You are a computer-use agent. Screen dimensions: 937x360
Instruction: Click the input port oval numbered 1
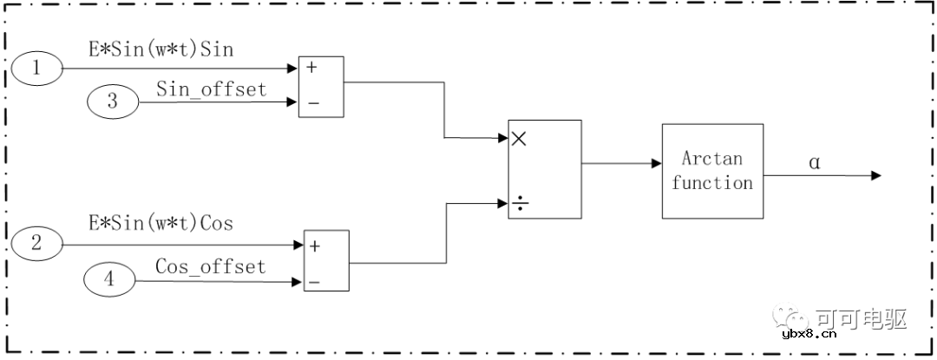(36, 68)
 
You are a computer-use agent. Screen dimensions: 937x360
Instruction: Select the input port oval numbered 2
(36, 244)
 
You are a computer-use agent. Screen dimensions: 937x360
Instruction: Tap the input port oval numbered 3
(112, 101)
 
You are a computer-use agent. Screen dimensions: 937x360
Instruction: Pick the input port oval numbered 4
(109, 278)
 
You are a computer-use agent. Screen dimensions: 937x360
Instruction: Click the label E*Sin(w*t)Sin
(161, 49)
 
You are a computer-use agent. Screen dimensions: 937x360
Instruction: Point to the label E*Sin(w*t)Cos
(161, 223)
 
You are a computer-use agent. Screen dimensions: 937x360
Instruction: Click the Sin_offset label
(212, 89)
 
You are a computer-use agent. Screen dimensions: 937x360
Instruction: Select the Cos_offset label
(210, 266)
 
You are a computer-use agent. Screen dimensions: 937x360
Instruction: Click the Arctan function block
(712, 171)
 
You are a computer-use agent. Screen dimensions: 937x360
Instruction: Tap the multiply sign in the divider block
(520, 139)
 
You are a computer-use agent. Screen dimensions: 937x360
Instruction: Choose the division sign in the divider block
(520, 206)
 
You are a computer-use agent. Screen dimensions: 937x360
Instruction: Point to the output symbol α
(815, 162)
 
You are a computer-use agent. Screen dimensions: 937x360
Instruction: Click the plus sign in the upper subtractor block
(311, 68)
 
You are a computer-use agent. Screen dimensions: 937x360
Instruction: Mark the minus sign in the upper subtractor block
(312, 103)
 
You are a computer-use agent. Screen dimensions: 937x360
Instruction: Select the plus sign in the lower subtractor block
(315, 246)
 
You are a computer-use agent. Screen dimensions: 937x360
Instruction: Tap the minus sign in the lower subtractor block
(315, 281)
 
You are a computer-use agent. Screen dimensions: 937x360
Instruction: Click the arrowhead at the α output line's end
(876, 175)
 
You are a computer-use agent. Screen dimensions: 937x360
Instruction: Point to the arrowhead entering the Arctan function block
(657, 164)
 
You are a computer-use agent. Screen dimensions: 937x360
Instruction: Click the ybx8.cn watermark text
(809, 334)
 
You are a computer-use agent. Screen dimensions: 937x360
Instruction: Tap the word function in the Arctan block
(712, 182)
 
